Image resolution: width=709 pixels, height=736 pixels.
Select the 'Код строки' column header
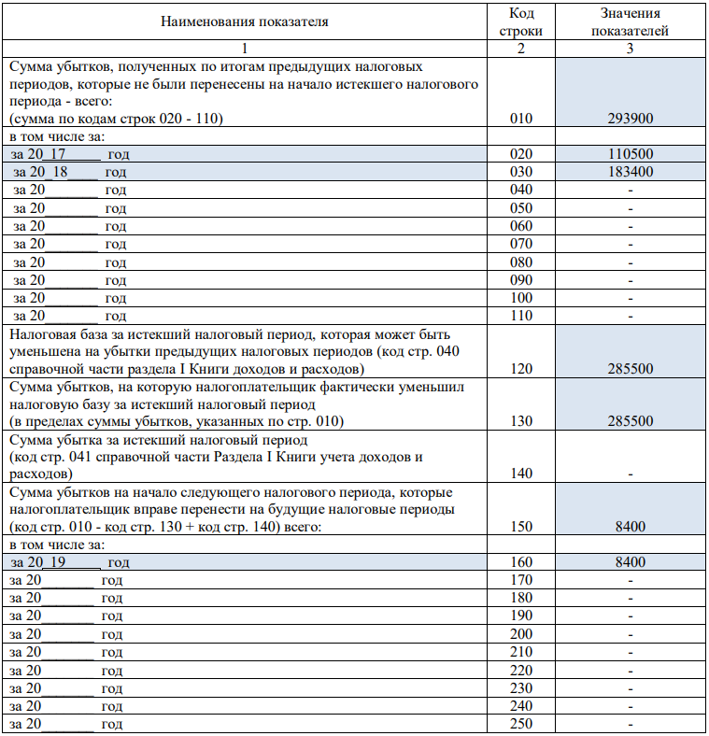521,21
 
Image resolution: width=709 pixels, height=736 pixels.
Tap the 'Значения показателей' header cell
631,21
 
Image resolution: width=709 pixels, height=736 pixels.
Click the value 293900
631,119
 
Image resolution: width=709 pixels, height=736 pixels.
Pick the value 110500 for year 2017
631,154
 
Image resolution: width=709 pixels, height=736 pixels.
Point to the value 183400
631,172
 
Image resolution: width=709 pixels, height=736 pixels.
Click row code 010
521,119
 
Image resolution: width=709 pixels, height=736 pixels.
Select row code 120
521,369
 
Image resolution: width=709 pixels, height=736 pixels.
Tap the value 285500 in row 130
631,421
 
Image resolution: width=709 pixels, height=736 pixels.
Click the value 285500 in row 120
631,369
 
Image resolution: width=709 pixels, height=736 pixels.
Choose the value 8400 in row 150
631,527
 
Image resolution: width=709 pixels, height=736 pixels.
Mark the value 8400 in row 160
631,562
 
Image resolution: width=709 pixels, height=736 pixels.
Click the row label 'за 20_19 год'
71,562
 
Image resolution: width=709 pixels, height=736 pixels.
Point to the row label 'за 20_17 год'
71,154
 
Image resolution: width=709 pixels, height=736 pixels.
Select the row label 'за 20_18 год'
71,172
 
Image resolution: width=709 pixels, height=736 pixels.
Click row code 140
521,474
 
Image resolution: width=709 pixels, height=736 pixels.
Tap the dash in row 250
631,724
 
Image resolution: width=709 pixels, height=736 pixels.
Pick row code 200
521,633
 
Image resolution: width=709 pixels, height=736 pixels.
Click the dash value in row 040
631,190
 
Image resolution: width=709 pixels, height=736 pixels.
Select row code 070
521,243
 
